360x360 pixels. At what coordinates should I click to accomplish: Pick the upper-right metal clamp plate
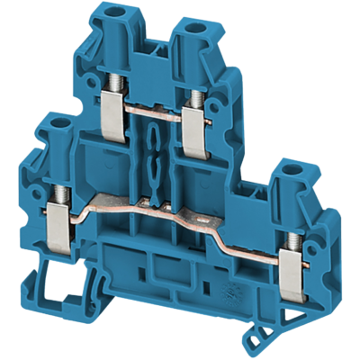click(193, 121)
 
